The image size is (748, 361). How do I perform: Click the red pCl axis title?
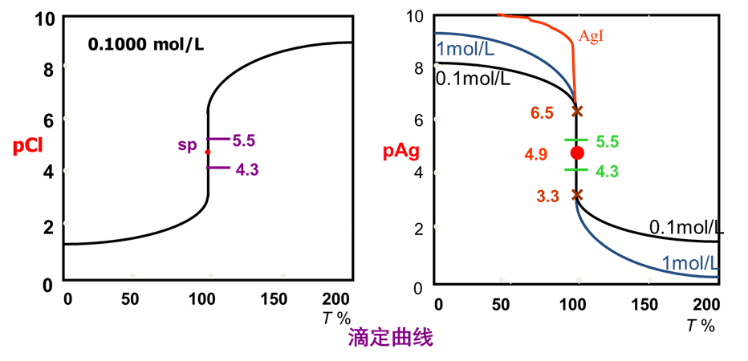click(x=29, y=148)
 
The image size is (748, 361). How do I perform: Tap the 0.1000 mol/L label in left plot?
click(x=145, y=43)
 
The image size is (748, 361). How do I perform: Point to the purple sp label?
click(x=186, y=145)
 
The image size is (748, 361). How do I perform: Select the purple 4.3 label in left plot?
click(x=247, y=169)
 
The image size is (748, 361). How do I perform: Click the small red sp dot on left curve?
click(x=207, y=152)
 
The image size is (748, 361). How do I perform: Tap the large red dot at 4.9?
click(x=576, y=152)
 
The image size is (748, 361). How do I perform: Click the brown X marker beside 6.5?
click(x=576, y=111)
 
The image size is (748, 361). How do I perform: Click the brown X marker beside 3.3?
click(x=576, y=194)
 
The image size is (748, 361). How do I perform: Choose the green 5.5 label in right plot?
click(x=608, y=141)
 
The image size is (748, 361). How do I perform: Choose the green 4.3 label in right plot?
click(x=608, y=170)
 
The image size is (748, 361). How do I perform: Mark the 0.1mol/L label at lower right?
click(x=686, y=228)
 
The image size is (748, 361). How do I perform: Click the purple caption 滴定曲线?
click(x=390, y=338)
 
